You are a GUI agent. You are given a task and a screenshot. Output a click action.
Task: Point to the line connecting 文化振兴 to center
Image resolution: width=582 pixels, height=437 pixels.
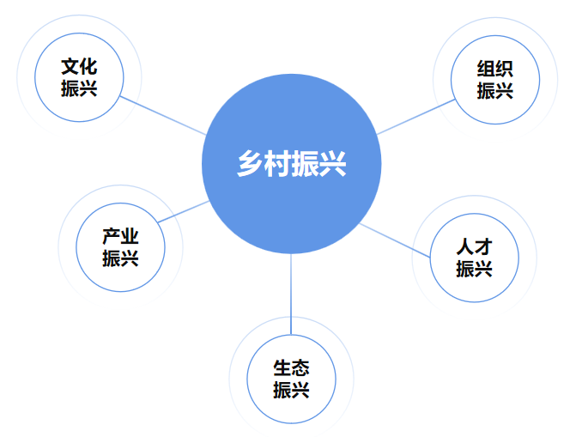(163, 114)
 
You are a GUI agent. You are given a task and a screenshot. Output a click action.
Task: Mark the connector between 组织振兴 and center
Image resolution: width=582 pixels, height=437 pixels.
(415, 117)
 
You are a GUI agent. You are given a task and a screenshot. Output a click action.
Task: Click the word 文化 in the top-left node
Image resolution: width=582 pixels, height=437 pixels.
(79, 67)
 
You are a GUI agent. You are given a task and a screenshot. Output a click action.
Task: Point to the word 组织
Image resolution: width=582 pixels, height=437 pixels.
(495, 70)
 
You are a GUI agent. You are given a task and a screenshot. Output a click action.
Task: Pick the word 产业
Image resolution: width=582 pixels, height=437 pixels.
(121, 237)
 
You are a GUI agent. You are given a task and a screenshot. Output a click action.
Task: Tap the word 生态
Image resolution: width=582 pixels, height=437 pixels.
(291, 369)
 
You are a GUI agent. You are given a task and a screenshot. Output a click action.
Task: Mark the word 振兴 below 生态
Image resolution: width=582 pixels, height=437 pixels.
(291, 391)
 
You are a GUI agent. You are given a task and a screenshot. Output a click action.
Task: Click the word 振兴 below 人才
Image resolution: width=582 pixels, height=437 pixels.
(474, 269)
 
